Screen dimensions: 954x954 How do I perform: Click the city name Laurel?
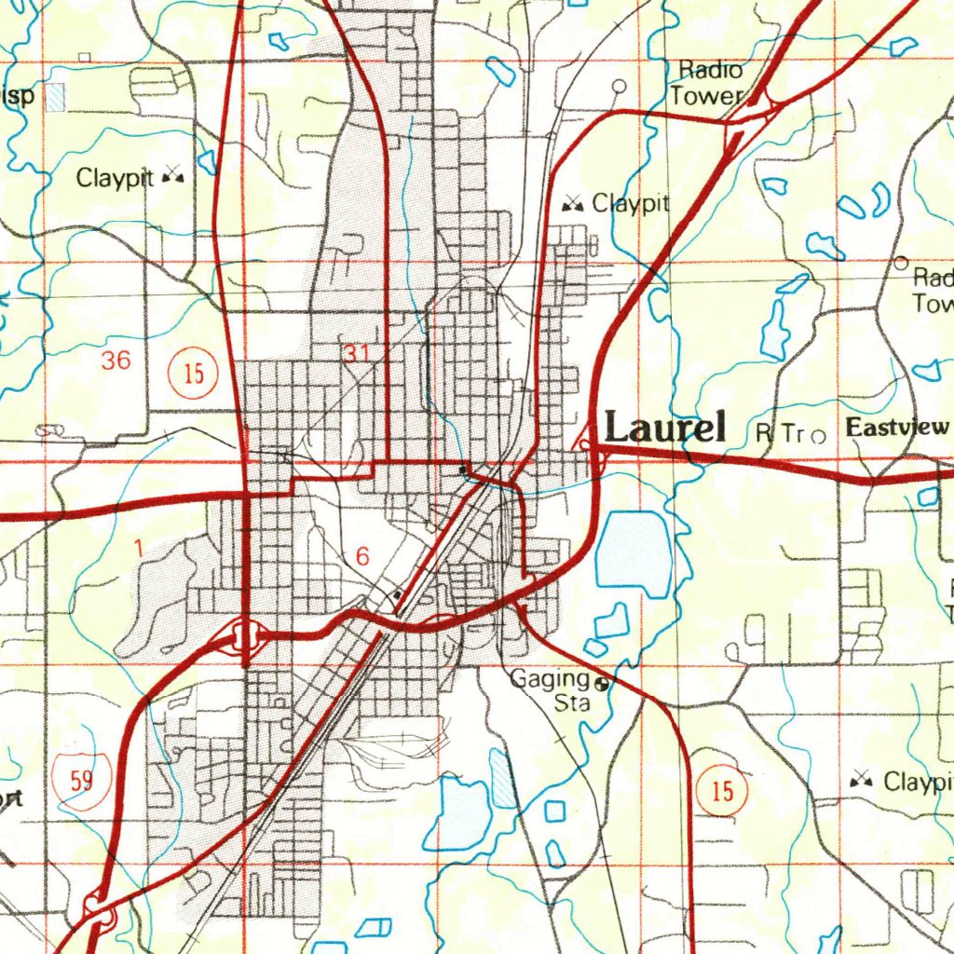(x=665, y=428)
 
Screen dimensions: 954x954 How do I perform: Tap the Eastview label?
(x=899, y=429)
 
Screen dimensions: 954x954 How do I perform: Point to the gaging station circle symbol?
(x=602, y=683)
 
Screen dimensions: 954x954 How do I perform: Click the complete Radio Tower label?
(x=709, y=83)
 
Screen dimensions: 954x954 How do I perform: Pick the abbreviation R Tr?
(x=779, y=433)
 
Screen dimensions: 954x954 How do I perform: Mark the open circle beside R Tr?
(x=818, y=435)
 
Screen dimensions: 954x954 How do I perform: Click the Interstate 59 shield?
(x=81, y=779)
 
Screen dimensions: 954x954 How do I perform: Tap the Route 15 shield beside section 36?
(x=193, y=374)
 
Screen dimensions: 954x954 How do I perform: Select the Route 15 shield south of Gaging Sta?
(x=722, y=792)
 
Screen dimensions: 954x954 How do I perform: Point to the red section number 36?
(x=116, y=361)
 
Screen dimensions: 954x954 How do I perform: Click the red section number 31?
(x=356, y=353)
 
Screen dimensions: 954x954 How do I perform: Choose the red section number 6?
(x=362, y=556)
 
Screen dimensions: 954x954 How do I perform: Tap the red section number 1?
(x=138, y=549)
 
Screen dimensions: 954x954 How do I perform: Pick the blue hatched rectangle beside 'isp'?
(x=57, y=97)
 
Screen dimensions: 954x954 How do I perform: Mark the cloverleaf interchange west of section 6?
(x=244, y=636)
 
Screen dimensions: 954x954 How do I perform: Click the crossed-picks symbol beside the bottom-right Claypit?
(x=861, y=781)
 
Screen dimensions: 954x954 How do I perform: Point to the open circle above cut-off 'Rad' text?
(x=900, y=263)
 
